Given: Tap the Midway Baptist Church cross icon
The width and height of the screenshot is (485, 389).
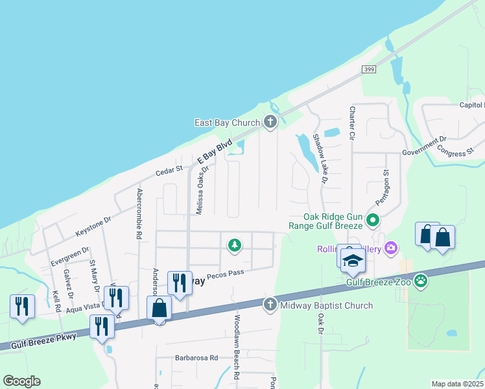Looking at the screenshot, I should (x=270, y=305).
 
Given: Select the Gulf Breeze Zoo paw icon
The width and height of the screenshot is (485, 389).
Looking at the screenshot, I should (x=421, y=281).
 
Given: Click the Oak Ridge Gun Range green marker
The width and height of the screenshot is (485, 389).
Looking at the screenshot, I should (x=373, y=221).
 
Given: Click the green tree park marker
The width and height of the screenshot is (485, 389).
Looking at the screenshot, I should (x=234, y=245).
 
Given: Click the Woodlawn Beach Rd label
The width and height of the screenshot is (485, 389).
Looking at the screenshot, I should (x=237, y=347).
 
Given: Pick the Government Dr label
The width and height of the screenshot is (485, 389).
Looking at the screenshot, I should (x=425, y=146).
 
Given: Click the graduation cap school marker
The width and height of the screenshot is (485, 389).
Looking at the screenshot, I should (x=353, y=261).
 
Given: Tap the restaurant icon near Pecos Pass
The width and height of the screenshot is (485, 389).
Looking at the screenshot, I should (x=180, y=283).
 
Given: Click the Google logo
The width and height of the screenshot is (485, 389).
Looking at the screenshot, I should (x=21, y=381).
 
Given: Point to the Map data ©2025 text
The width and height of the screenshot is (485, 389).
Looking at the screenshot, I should (x=457, y=384).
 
